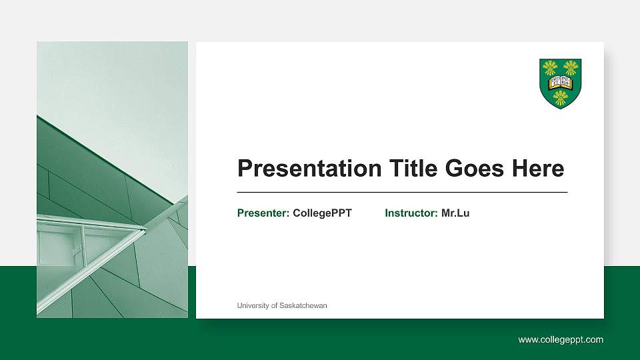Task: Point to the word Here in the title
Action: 538,169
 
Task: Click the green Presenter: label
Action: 263,213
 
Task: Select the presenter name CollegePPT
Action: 322,213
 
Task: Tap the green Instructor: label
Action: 411,213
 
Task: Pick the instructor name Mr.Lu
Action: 455,213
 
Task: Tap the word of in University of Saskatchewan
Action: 275,305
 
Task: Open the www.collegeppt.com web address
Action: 561,340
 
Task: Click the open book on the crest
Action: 561,83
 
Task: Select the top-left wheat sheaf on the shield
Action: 550,67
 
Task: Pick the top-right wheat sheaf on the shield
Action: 571,67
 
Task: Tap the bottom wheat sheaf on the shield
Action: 561,98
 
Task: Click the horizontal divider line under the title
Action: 402,192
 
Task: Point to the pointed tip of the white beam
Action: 145,229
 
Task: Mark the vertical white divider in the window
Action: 83,243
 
